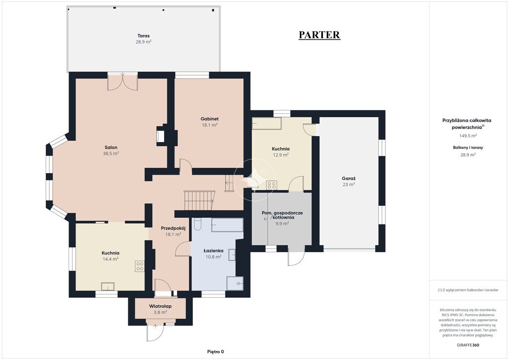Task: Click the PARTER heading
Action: [x=320, y=35]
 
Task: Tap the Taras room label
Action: [x=144, y=36]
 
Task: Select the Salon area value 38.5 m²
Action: [x=111, y=154]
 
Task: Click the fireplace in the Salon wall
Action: [x=160, y=135]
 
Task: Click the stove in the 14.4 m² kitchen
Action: [x=140, y=266]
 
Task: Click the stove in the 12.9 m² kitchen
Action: [x=271, y=185]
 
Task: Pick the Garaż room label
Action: [x=348, y=179]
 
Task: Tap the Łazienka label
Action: [x=213, y=251]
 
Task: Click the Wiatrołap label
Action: [x=161, y=306]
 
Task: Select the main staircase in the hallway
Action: [x=199, y=200]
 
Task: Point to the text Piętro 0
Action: [x=216, y=352]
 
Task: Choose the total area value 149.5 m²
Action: [x=468, y=136]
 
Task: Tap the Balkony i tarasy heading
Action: [x=468, y=147]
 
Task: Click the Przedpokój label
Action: [x=173, y=228]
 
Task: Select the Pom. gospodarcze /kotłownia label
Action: [x=282, y=215]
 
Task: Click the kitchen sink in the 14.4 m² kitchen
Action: [x=107, y=286]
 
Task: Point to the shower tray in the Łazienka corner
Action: [x=235, y=283]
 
